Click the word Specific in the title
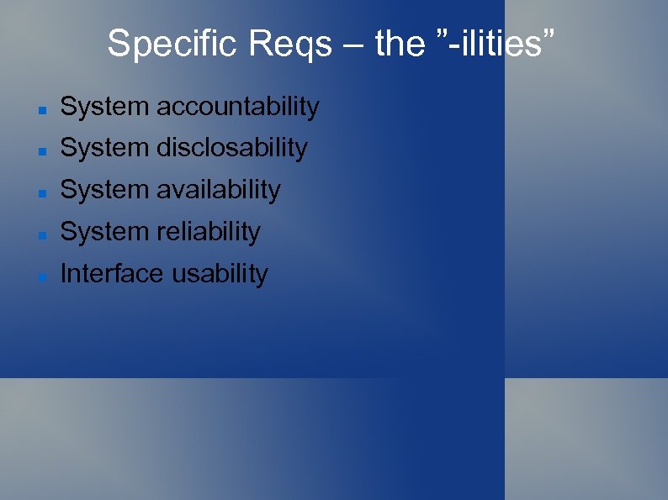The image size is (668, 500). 173,44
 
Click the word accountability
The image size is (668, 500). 238,108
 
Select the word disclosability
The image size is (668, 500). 232,148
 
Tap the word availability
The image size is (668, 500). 219,190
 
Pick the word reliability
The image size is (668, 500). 209,232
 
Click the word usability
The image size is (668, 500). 220,274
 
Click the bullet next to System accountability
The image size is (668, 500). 40,109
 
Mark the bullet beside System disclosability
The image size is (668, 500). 40,150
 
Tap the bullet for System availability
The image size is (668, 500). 40,192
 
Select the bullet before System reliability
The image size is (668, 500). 40,234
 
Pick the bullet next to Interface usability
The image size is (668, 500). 40,276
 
